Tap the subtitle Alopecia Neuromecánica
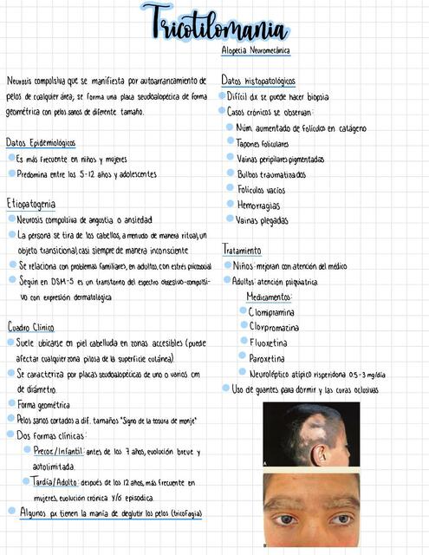(255, 52)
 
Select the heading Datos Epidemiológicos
(41, 142)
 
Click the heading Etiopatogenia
(30, 203)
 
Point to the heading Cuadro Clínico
(31, 327)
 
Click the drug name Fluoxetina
(270, 343)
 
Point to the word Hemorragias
(258, 206)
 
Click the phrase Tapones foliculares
(263, 144)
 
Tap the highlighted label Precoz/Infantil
(59, 451)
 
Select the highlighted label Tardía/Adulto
(55, 481)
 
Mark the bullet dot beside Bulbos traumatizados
(230, 173)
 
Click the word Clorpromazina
(274, 327)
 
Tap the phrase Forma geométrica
(43, 405)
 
